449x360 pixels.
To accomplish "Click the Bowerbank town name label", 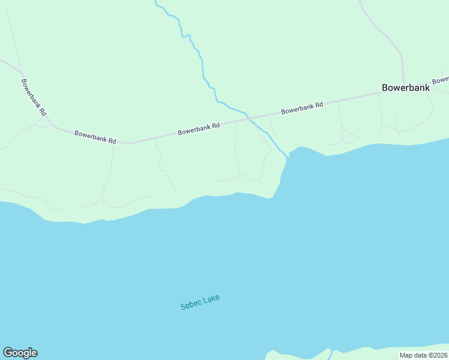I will pos(406,88).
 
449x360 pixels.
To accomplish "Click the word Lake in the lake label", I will pos(211,298).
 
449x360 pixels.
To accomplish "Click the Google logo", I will pos(20,353).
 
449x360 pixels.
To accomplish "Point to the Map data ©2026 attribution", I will pos(424,355).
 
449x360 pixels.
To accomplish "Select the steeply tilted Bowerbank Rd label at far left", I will pos(34,97).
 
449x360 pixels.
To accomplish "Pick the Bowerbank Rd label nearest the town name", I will pos(302,108).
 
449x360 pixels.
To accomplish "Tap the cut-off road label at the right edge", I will pos(441,79).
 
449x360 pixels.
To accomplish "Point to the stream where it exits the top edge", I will pos(155,2).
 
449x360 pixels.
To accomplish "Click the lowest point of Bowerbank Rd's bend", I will pos(129,143).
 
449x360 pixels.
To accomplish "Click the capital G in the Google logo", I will pos(8,353).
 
